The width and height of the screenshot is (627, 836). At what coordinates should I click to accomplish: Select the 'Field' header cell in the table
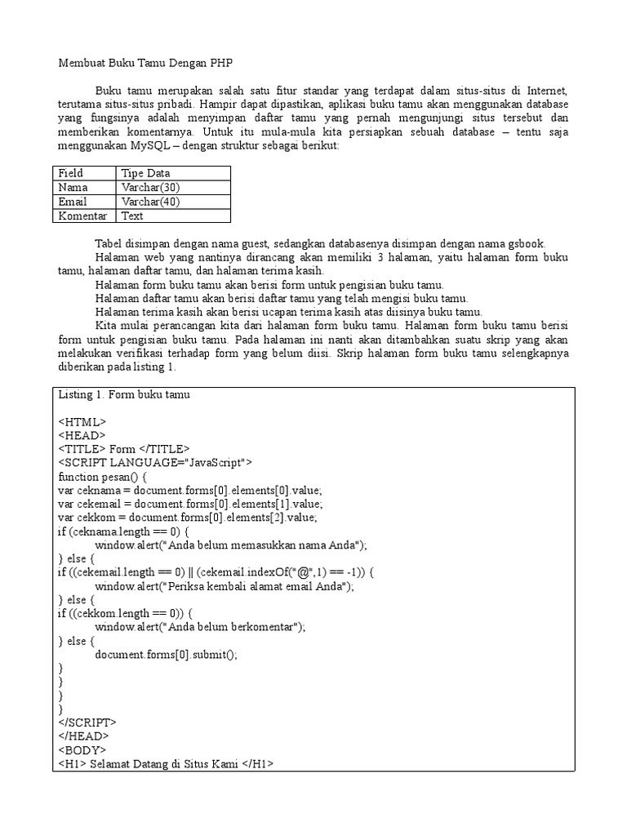(71, 173)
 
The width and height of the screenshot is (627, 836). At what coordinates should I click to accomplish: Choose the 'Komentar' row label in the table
(82, 216)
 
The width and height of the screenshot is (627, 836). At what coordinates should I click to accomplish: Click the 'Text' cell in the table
(132, 216)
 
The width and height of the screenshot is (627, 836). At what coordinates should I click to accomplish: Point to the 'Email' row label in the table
(73, 202)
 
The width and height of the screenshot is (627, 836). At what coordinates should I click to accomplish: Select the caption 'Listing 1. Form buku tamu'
(124, 395)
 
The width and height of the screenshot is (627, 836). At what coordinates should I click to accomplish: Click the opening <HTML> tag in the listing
(82, 422)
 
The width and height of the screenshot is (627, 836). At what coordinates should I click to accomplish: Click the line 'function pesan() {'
(102, 476)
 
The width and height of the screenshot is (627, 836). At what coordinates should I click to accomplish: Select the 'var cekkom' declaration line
(187, 518)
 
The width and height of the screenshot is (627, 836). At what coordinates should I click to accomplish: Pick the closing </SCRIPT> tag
(87, 723)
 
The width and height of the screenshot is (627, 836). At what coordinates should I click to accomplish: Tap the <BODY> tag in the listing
(82, 750)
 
